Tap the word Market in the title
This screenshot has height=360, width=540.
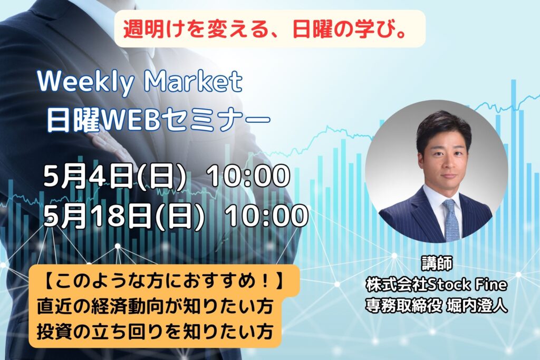point(194,81)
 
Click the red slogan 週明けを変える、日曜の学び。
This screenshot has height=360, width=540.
point(264,29)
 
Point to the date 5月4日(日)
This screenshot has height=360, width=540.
point(114,176)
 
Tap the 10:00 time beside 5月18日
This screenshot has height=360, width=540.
point(267,216)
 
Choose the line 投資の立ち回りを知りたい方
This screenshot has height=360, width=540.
point(155,331)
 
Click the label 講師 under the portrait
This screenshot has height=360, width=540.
point(436,264)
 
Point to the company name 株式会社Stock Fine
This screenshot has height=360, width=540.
point(436,285)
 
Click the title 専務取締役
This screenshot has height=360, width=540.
point(403,306)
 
